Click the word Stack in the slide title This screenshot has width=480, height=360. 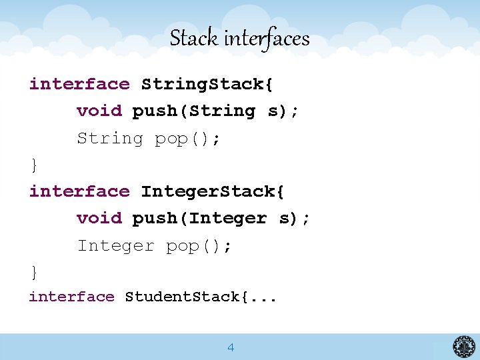[194, 39]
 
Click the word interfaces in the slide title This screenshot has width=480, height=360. [267, 39]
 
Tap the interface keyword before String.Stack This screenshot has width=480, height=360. [79, 84]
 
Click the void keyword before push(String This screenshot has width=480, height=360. [99, 111]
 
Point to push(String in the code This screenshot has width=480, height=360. [194, 111]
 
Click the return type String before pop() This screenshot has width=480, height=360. [110, 138]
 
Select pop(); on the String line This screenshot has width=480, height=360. [187, 139]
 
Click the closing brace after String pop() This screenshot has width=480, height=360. [33, 165]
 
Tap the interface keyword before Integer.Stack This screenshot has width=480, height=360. [79, 191]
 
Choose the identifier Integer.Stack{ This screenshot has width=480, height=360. [213, 191]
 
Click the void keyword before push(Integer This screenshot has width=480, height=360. [99, 218]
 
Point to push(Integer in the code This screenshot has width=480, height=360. [199, 218]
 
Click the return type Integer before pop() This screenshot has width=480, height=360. [115, 245]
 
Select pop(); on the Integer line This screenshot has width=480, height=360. [199, 246]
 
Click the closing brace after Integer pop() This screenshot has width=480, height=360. [33, 272]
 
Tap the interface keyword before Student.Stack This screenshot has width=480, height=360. [72, 297]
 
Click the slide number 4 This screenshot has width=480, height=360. [231, 347]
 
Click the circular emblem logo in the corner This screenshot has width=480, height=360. [464, 346]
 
